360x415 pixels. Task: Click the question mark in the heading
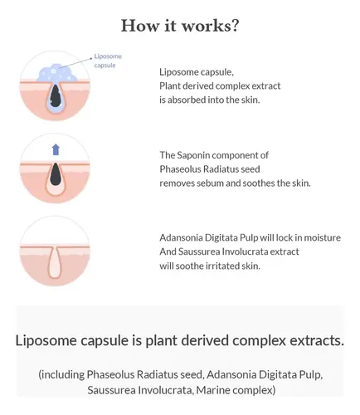[x=235, y=26]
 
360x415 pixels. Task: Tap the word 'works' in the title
[x=206, y=26]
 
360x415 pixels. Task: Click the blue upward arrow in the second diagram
[x=56, y=149]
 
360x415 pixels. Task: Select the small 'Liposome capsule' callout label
[x=108, y=61]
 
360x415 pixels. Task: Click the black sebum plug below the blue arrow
[x=56, y=174]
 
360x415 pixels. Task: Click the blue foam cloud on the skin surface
[x=57, y=73]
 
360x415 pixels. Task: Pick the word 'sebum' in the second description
[x=210, y=183]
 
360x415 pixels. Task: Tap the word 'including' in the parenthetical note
[x=61, y=374]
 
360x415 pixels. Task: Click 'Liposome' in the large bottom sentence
[x=46, y=340]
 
